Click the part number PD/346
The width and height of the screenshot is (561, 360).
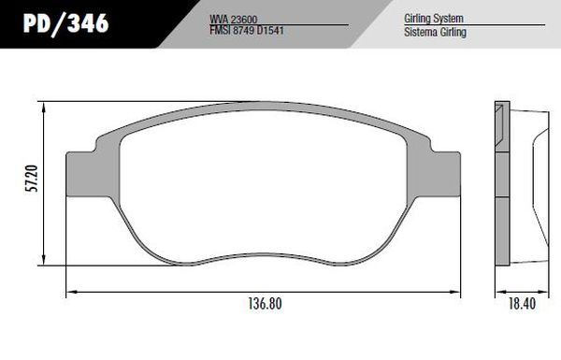65,24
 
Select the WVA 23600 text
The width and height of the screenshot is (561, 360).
233,20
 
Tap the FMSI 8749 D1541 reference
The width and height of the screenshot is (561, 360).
247,31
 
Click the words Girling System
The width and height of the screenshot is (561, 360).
434,19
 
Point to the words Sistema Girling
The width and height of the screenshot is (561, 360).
435,32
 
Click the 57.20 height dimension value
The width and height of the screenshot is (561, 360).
32,179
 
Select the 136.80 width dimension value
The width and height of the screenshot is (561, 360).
266,304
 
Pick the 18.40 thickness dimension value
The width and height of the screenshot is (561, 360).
522,304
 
